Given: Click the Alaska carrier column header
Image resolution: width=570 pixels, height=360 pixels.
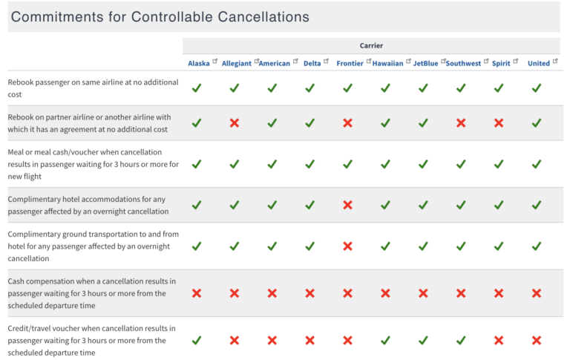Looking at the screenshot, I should [198, 63].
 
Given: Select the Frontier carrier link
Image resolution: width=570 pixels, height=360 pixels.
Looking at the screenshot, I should [350, 63].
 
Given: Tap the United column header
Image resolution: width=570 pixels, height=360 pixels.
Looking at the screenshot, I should [538, 63].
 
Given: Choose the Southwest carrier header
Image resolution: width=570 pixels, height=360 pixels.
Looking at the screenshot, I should [463, 63].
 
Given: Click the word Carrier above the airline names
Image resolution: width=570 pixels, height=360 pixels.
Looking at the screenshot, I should [371, 45].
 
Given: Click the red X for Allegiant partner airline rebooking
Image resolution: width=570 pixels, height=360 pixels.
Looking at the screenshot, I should [235, 122].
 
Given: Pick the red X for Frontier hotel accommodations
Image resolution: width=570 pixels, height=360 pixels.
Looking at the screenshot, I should [347, 204].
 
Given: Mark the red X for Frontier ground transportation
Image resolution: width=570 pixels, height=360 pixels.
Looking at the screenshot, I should [347, 246].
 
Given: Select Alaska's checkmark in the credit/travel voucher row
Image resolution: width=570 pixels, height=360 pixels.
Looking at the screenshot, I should [197, 340].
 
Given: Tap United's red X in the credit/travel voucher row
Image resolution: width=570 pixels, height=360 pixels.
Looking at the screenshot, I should [537, 340].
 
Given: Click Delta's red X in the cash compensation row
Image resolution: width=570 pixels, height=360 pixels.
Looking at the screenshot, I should [309, 293].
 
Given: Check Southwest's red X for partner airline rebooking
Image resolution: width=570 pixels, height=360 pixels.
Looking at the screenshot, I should [461, 122].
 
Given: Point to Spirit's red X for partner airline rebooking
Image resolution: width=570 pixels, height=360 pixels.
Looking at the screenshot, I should [499, 122].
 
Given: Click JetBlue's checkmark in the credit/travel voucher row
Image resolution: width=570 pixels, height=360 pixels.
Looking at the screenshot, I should [423, 340].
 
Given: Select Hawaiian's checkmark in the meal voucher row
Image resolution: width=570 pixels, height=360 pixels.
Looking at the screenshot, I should [385, 164].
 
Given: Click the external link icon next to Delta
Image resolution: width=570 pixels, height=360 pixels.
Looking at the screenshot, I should [327, 61].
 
